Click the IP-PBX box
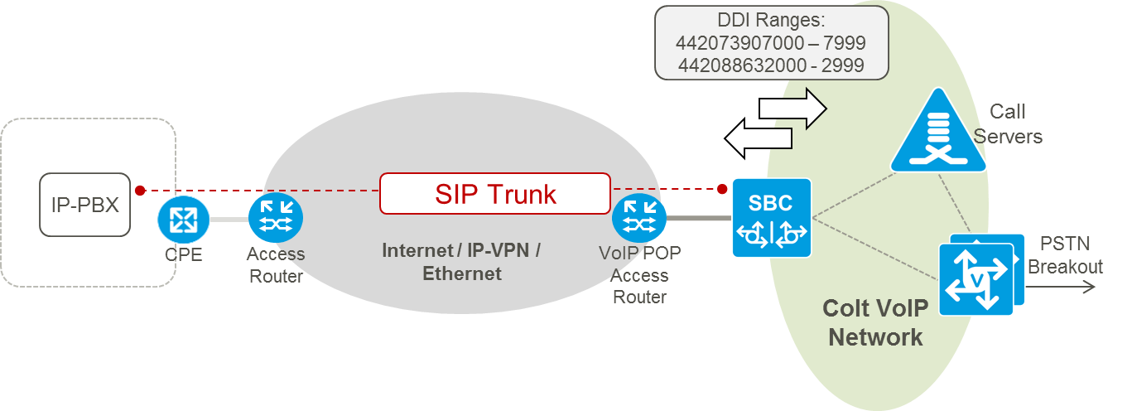(x=85, y=205)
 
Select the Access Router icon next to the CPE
(x=276, y=218)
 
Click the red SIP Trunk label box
(x=495, y=195)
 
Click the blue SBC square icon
(x=771, y=218)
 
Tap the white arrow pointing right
(x=793, y=107)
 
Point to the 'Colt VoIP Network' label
(x=875, y=322)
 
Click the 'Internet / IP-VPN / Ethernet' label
(x=461, y=261)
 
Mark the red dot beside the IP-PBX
(x=141, y=190)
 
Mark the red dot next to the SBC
(x=724, y=189)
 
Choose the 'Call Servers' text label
(x=1008, y=124)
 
